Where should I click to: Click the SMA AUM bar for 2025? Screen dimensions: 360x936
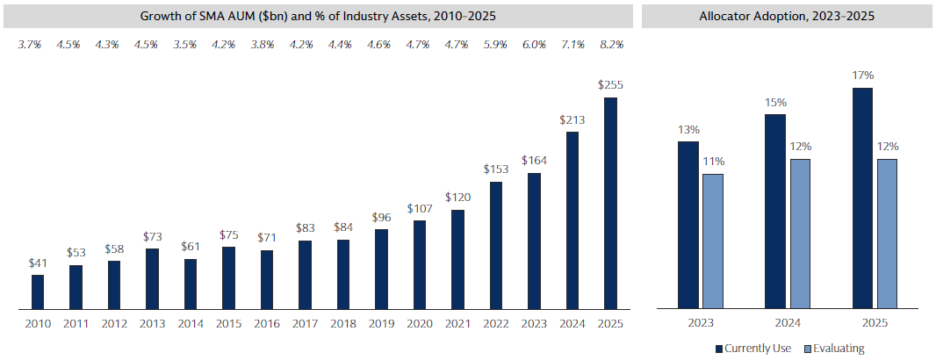click(x=610, y=203)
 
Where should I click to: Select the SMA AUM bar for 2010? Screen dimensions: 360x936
click(x=38, y=292)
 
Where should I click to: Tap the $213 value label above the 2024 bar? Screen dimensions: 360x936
click(x=572, y=119)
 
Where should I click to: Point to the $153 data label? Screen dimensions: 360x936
click(x=495, y=169)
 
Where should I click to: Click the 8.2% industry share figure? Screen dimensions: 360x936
click(x=610, y=44)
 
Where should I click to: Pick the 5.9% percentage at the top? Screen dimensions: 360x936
click(x=495, y=44)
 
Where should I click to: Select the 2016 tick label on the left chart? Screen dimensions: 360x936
click(x=266, y=324)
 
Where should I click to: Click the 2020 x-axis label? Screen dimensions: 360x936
click(x=419, y=324)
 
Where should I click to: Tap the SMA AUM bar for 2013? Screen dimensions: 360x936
click(x=152, y=278)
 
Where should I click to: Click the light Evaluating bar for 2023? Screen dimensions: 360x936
click(x=712, y=241)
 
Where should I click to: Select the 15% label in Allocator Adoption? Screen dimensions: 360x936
click(x=775, y=102)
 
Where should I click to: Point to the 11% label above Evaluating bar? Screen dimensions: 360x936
click(x=713, y=162)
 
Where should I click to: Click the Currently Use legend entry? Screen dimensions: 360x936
click(x=754, y=349)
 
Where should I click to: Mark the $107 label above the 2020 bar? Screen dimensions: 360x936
click(x=419, y=208)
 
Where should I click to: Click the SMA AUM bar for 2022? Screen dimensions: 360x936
click(x=495, y=245)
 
